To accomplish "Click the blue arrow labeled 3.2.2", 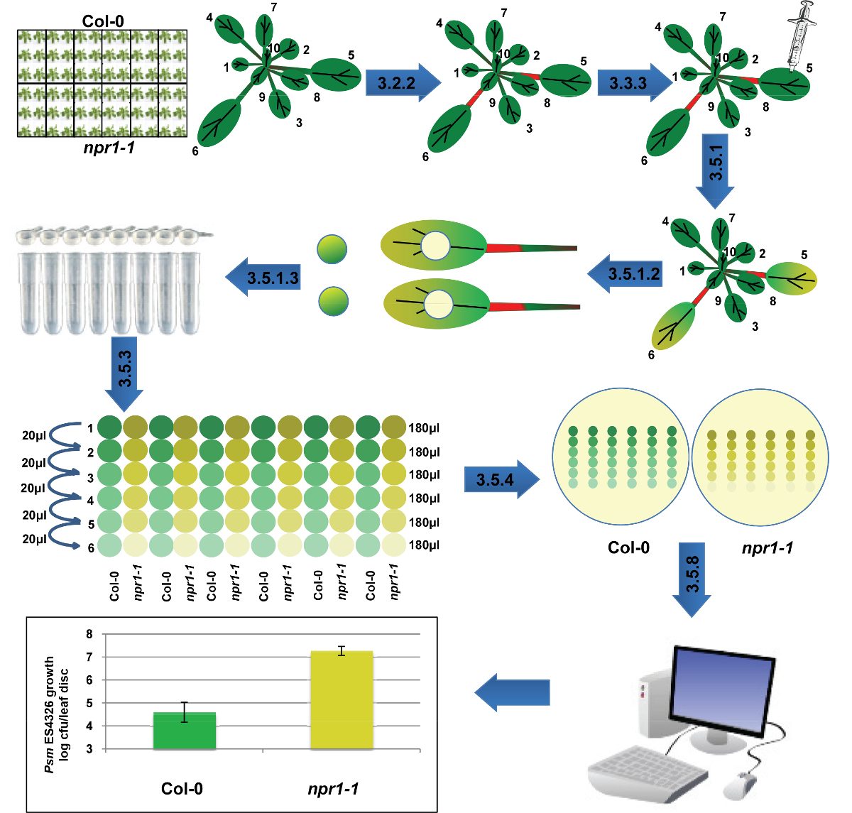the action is tap(403, 82).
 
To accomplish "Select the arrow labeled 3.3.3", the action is tap(635, 82).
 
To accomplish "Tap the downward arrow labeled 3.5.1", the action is tap(715, 171).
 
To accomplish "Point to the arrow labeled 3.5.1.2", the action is tap(625, 274).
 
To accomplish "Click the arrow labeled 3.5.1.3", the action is tap(263, 278).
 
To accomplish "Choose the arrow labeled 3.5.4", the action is tap(502, 479).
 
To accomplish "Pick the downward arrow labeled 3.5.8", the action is tap(692, 580).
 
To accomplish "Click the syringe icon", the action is tap(802, 37).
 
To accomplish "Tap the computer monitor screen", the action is tap(722, 691).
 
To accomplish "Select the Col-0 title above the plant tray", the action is tap(103, 21).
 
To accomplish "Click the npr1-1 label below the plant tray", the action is tap(109, 148).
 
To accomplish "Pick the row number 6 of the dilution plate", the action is tap(91, 548).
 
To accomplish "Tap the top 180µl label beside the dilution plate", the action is tap(425, 427).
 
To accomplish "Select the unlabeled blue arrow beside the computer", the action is tap(512, 692).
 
